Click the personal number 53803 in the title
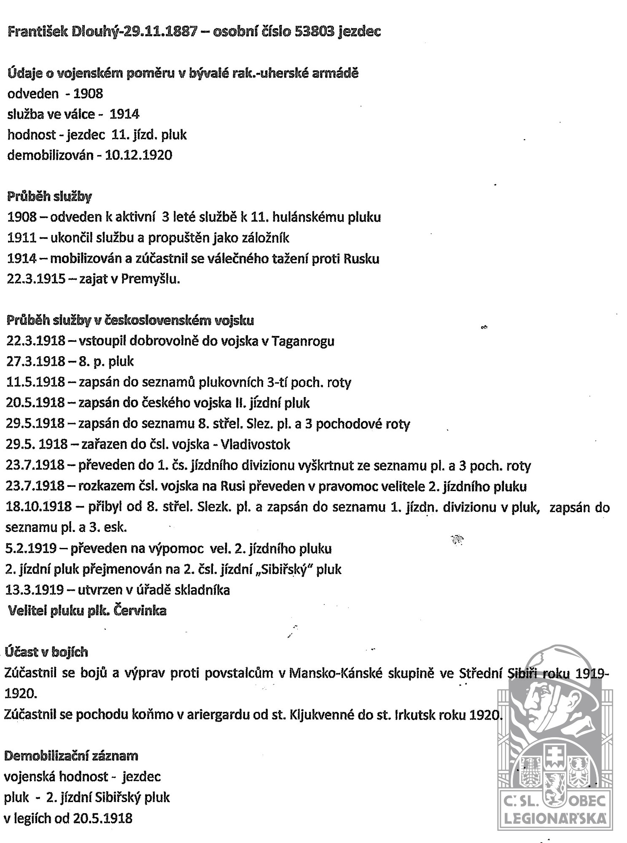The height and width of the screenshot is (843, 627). click(311, 32)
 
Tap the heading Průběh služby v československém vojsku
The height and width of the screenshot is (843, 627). click(130, 320)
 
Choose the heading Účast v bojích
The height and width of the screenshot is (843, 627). click(46, 652)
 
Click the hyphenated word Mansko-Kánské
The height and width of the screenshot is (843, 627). click(340, 674)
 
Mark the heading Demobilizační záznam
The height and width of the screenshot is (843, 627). click(71, 756)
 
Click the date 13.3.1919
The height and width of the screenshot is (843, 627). click(35, 590)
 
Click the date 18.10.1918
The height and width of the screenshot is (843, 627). click(38, 507)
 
